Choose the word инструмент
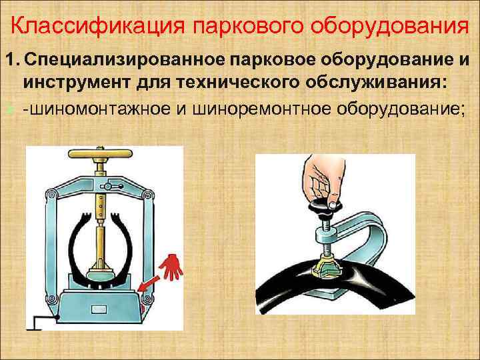click(x=73, y=83)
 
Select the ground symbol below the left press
click(x=37, y=323)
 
